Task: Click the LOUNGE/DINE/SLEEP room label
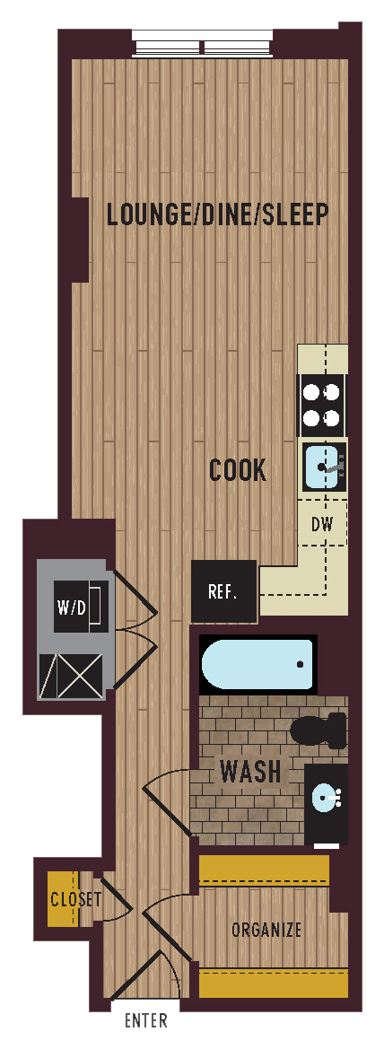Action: click(217, 215)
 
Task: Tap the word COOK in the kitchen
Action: click(238, 470)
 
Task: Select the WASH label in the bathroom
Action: click(250, 772)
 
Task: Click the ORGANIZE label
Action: click(266, 930)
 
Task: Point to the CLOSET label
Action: click(75, 899)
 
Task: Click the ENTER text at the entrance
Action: click(145, 1020)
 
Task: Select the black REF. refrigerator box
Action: click(223, 591)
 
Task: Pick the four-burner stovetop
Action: click(321, 405)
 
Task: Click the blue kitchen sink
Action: click(322, 466)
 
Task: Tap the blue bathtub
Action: click(257, 665)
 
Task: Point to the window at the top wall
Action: click(202, 43)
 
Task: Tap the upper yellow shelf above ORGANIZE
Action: click(264, 870)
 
